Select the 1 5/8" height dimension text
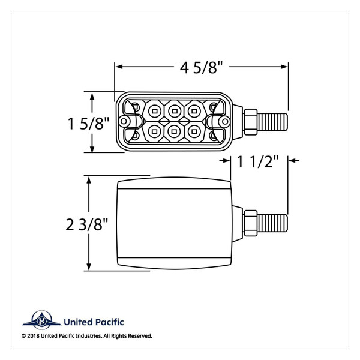pos(88,124)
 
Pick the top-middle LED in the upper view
pos(174,110)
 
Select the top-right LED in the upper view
pos(194,110)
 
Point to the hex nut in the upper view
pos(251,120)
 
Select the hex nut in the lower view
pos(251,223)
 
